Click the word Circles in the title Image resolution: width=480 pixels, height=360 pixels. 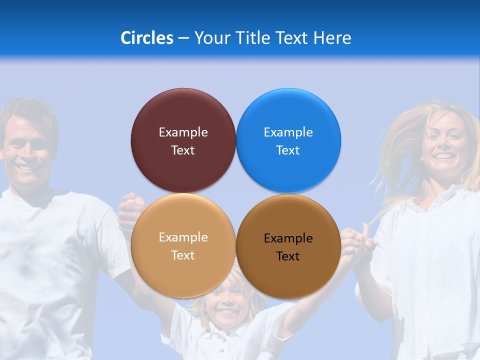click(x=146, y=38)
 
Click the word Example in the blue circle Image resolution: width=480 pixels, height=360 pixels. click(x=288, y=132)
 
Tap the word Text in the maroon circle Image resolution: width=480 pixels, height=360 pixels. click(x=183, y=150)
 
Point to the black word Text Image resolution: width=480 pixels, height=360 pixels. click(x=288, y=256)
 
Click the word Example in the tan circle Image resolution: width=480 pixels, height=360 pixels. click(x=183, y=237)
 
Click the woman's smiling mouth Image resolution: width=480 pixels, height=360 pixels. click(x=442, y=156)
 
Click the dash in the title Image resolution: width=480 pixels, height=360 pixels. click(x=183, y=38)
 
